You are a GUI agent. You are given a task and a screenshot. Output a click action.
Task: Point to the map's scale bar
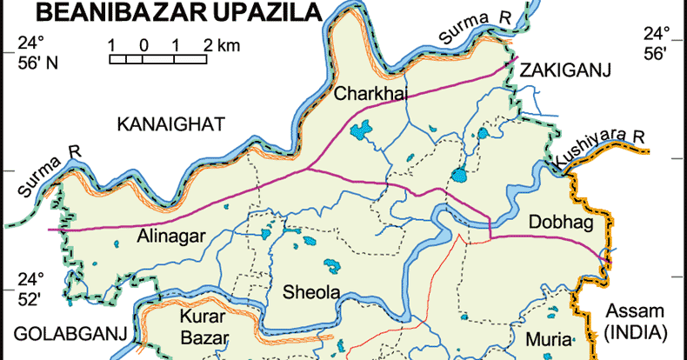click(157, 59)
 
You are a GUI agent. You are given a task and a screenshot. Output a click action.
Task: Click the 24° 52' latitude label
click(31, 289)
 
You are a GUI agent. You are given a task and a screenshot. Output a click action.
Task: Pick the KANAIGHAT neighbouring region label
click(170, 125)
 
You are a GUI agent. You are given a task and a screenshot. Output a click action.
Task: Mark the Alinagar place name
click(170, 235)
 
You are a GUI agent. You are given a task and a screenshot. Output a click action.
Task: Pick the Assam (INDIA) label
click(635, 322)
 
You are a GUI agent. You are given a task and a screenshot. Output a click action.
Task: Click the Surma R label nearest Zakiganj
click(476, 23)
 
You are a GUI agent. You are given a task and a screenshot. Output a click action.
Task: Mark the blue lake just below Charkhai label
click(359, 133)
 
